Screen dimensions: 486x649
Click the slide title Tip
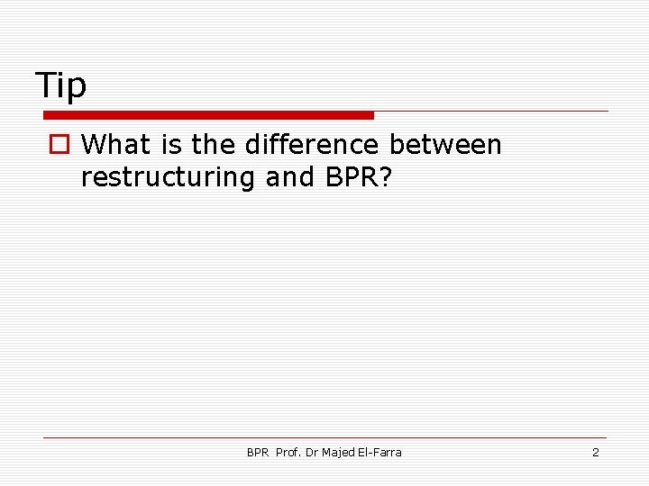(61, 85)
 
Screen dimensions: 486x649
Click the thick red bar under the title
(208, 115)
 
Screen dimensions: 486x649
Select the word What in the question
(121, 144)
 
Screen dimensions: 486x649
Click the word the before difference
(215, 144)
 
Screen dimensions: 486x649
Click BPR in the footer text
(258, 452)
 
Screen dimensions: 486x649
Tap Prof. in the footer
(288, 452)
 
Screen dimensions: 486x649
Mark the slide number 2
(595, 452)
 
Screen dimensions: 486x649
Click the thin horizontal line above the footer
(324, 437)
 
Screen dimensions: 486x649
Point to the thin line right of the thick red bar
(491, 112)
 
